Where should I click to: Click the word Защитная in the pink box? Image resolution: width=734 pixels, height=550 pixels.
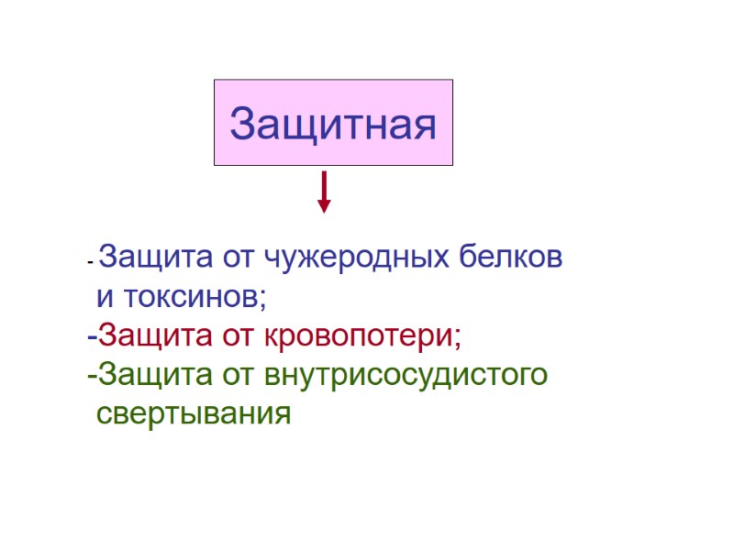point(333,124)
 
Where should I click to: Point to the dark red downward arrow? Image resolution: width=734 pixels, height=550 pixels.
point(323,191)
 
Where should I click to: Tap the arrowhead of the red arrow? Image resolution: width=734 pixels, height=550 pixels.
point(323,205)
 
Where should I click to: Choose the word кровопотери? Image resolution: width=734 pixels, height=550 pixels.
point(363,337)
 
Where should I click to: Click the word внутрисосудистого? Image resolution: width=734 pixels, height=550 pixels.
point(406,376)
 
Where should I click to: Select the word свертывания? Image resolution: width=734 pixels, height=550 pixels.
point(194,414)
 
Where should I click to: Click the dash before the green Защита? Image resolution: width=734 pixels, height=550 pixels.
point(92,377)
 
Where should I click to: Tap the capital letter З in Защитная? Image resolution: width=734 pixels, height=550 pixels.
point(243,124)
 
